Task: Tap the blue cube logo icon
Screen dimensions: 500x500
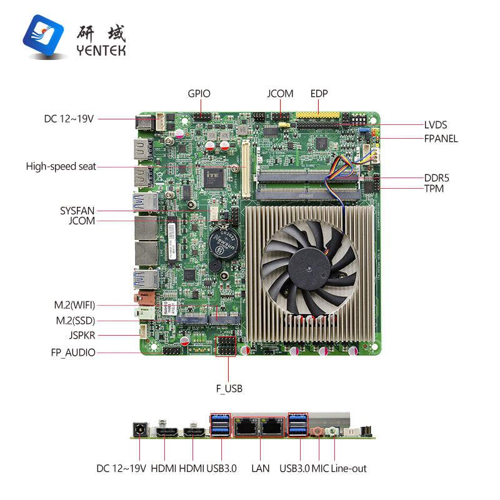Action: pos(46,37)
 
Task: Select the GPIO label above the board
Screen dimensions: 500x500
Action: pos(199,94)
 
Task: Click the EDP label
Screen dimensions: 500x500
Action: pos(319,94)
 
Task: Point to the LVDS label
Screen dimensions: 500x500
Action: pos(436,125)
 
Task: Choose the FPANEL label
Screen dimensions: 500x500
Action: pos(441,138)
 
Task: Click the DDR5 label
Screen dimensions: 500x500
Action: pos(436,177)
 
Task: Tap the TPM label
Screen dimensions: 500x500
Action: pos(434,188)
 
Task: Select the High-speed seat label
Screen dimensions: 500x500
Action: pos(61,166)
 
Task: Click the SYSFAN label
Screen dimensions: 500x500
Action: pos(77,211)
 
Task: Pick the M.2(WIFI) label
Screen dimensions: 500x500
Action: pos(74,305)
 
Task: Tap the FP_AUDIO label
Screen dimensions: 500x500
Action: pos(73,352)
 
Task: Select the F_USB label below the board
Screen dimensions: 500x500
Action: pos(229,389)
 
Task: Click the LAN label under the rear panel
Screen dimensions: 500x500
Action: pos(260,468)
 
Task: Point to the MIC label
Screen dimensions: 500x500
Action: pos(320,468)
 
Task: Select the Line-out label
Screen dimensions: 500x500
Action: pos(349,468)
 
